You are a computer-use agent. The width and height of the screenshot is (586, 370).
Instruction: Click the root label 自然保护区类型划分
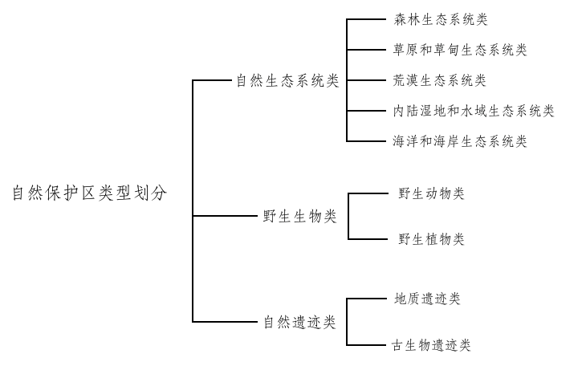pos(89,193)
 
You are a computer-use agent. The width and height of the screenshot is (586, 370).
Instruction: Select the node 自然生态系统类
pos(287,81)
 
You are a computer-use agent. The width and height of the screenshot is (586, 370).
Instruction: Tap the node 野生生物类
pos(300,217)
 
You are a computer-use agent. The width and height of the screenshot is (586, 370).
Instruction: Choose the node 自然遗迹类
pos(299,323)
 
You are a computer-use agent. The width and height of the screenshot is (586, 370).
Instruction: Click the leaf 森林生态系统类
pos(440,19)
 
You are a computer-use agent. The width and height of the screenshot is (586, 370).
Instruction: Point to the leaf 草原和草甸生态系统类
pos(460,50)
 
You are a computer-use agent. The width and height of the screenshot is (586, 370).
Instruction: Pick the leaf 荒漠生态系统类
pos(440,80)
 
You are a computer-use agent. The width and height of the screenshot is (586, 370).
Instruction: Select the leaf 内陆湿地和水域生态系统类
pos(473,111)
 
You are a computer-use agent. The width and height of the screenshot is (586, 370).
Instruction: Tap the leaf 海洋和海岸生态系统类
pos(460,141)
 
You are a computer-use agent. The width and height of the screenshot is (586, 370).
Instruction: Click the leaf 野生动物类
pos(431,193)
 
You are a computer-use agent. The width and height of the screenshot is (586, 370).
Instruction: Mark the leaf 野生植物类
pos(431,239)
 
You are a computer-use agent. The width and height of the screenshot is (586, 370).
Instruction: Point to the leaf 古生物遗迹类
pos(431,345)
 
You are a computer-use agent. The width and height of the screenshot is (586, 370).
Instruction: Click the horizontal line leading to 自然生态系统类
pos(213,81)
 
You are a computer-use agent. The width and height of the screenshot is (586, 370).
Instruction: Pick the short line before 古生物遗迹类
pos(367,345)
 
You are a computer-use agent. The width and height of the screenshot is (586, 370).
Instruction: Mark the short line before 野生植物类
pos(368,239)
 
